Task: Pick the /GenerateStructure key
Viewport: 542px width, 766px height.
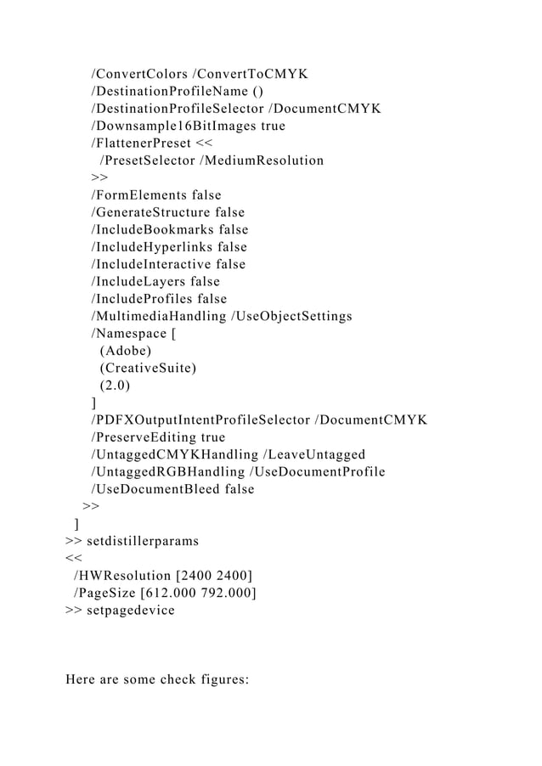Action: [x=152, y=212]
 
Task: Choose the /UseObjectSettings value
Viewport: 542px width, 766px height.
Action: [x=291, y=316]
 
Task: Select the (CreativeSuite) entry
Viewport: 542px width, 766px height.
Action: [x=148, y=368]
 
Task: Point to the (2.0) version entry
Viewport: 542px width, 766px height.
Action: [x=116, y=385]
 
